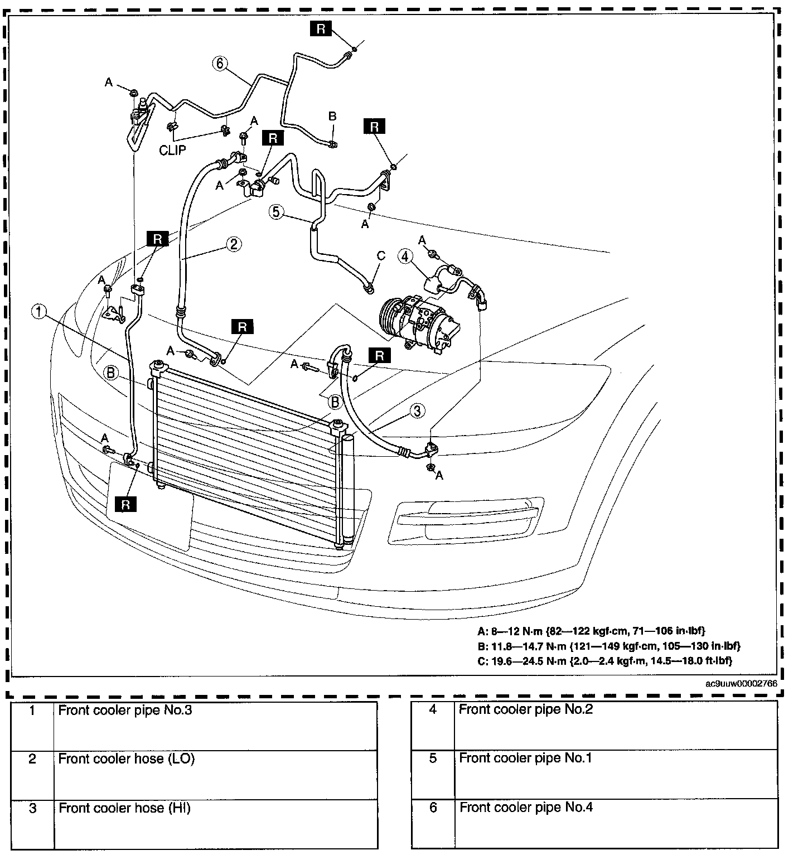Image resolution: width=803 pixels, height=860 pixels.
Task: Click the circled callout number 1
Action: [38, 312]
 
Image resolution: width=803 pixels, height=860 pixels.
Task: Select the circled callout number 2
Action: [233, 244]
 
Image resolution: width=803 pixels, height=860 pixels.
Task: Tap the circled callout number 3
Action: [417, 411]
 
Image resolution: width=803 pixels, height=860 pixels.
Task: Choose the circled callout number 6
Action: [219, 64]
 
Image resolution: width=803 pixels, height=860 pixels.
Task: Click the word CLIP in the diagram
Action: [172, 151]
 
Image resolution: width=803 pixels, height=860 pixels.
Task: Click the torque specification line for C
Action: [604, 661]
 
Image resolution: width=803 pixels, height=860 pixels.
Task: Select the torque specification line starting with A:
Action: [592, 631]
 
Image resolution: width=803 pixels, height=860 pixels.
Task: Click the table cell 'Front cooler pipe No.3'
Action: [125, 711]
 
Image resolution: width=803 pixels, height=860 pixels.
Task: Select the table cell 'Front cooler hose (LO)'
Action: [127, 758]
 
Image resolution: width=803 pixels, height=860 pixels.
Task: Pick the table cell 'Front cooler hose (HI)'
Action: [125, 808]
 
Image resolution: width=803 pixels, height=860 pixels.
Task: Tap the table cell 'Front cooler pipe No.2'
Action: [525, 709]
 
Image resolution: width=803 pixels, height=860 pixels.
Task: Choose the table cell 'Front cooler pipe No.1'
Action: [525, 758]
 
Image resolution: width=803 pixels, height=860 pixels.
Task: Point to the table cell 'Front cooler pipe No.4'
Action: [526, 807]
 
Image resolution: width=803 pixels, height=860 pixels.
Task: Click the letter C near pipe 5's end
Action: [381, 256]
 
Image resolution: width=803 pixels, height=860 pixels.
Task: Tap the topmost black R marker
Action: [321, 28]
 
